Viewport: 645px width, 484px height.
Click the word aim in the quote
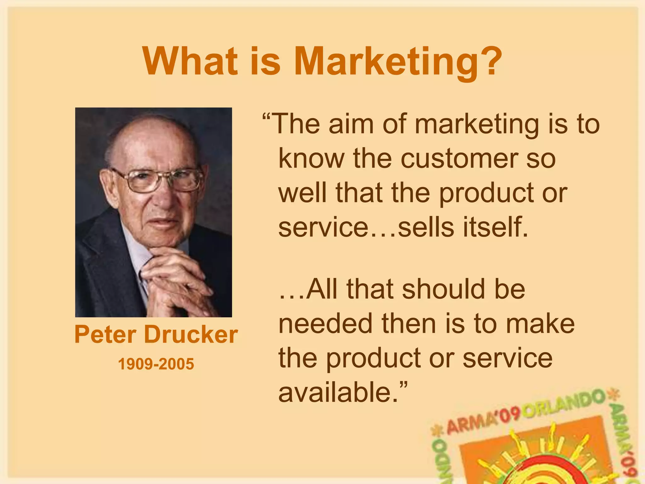coord(351,124)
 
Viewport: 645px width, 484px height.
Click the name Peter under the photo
coord(106,335)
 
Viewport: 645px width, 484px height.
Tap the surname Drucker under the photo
coord(191,335)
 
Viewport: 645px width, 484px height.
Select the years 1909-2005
coord(156,364)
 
